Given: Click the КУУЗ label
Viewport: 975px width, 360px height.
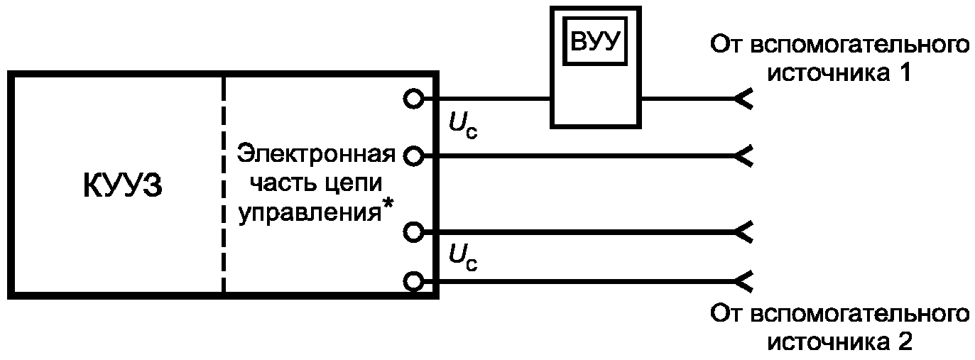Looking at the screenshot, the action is pos(123,186).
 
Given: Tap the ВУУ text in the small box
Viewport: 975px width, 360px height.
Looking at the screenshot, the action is pos(595,41).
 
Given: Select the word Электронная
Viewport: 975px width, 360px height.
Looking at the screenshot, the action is pos(316,154).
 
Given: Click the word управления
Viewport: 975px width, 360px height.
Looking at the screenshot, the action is pos(310,213).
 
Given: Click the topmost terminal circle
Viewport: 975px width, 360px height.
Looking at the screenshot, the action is pos(413,99).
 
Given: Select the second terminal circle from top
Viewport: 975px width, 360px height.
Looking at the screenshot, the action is pos(413,156).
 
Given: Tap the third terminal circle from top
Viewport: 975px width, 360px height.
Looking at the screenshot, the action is pos(413,232).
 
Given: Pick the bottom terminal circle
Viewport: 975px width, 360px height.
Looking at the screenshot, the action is pos(413,282).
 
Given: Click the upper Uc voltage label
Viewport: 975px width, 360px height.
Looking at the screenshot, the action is pos(463,126).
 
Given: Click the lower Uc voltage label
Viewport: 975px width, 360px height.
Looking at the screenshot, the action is pos(463,258).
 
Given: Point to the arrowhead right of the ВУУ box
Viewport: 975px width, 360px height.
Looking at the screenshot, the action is pos(743,99).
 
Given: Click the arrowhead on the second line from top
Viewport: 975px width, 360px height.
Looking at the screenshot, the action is pos(743,156).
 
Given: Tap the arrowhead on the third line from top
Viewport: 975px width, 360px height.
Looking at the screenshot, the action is pos(743,232).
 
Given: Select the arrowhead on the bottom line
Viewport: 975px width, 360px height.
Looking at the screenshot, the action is pos(743,282).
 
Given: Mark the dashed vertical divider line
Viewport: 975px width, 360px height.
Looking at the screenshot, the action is pos(223,185).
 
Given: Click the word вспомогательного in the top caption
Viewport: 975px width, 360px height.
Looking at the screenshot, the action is pos(861,45).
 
